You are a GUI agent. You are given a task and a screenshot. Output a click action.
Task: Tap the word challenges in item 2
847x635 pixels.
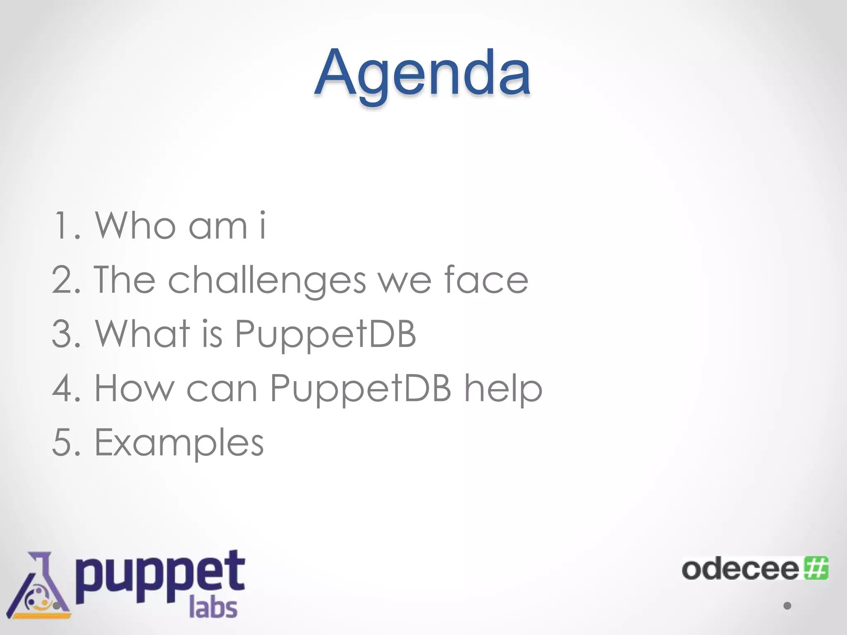click(267, 281)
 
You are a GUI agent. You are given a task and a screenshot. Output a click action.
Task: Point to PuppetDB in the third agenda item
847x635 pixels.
click(325, 335)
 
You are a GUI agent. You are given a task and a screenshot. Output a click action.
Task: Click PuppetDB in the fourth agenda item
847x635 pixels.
click(360, 389)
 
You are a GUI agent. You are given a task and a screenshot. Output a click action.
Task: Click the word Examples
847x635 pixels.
click(179, 443)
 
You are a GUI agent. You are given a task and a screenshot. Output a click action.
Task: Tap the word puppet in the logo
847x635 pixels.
click(160, 577)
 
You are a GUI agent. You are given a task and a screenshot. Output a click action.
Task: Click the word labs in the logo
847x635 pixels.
click(213, 608)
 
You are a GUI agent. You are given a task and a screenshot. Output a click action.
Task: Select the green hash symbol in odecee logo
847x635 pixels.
click(816, 568)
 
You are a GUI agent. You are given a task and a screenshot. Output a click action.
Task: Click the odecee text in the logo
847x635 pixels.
click(740, 570)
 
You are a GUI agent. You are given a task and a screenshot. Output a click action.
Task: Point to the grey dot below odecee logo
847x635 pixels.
click(787, 606)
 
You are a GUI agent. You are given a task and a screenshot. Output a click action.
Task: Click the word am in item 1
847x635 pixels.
click(218, 227)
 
